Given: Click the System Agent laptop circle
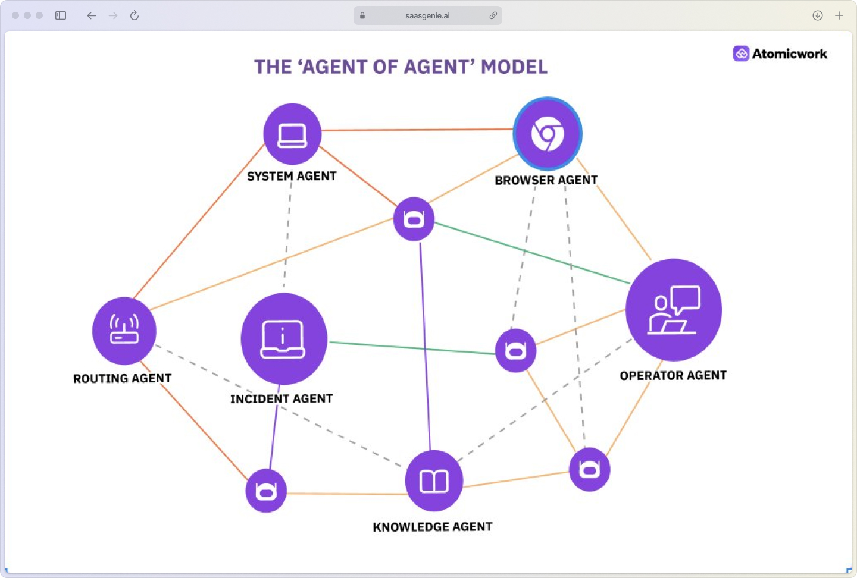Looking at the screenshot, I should pyautogui.click(x=292, y=134).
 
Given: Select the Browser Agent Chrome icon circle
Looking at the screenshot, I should pyautogui.click(x=548, y=134).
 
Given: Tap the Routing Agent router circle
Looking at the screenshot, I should pyautogui.click(x=124, y=331).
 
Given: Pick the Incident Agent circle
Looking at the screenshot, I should pyautogui.click(x=284, y=339).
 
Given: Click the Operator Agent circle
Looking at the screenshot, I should pyautogui.click(x=674, y=310).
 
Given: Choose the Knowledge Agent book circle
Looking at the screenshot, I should pyautogui.click(x=434, y=480).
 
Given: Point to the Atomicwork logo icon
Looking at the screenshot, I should pyautogui.click(x=741, y=54).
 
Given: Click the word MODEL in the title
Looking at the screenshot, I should pyautogui.click(x=514, y=67).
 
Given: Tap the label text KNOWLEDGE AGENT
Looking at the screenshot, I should pyautogui.click(x=433, y=527).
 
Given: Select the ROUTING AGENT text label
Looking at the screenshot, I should pyautogui.click(x=122, y=379).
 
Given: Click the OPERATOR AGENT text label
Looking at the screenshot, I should pyautogui.click(x=673, y=376).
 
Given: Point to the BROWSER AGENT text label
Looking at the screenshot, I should pyautogui.click(x=546, y=180).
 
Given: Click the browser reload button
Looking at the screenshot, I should pyautogui.click(x=135, y=15).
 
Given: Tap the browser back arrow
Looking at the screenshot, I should pyautogui.click(x=91, y=15).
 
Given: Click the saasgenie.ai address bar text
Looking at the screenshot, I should pyautogui.click(x=427, y=16).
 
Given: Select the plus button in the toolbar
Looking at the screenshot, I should pyautogui.click(x=839, y=15).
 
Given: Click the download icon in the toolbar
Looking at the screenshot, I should pyautogui.click(x=818, y=15).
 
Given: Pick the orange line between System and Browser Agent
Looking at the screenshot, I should pyautogui.click(x=417, y=130).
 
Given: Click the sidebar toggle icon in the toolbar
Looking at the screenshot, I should pyautogui.click(x=61, y=15).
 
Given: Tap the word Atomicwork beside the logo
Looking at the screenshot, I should pyautogui.click(x=789, y=54).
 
